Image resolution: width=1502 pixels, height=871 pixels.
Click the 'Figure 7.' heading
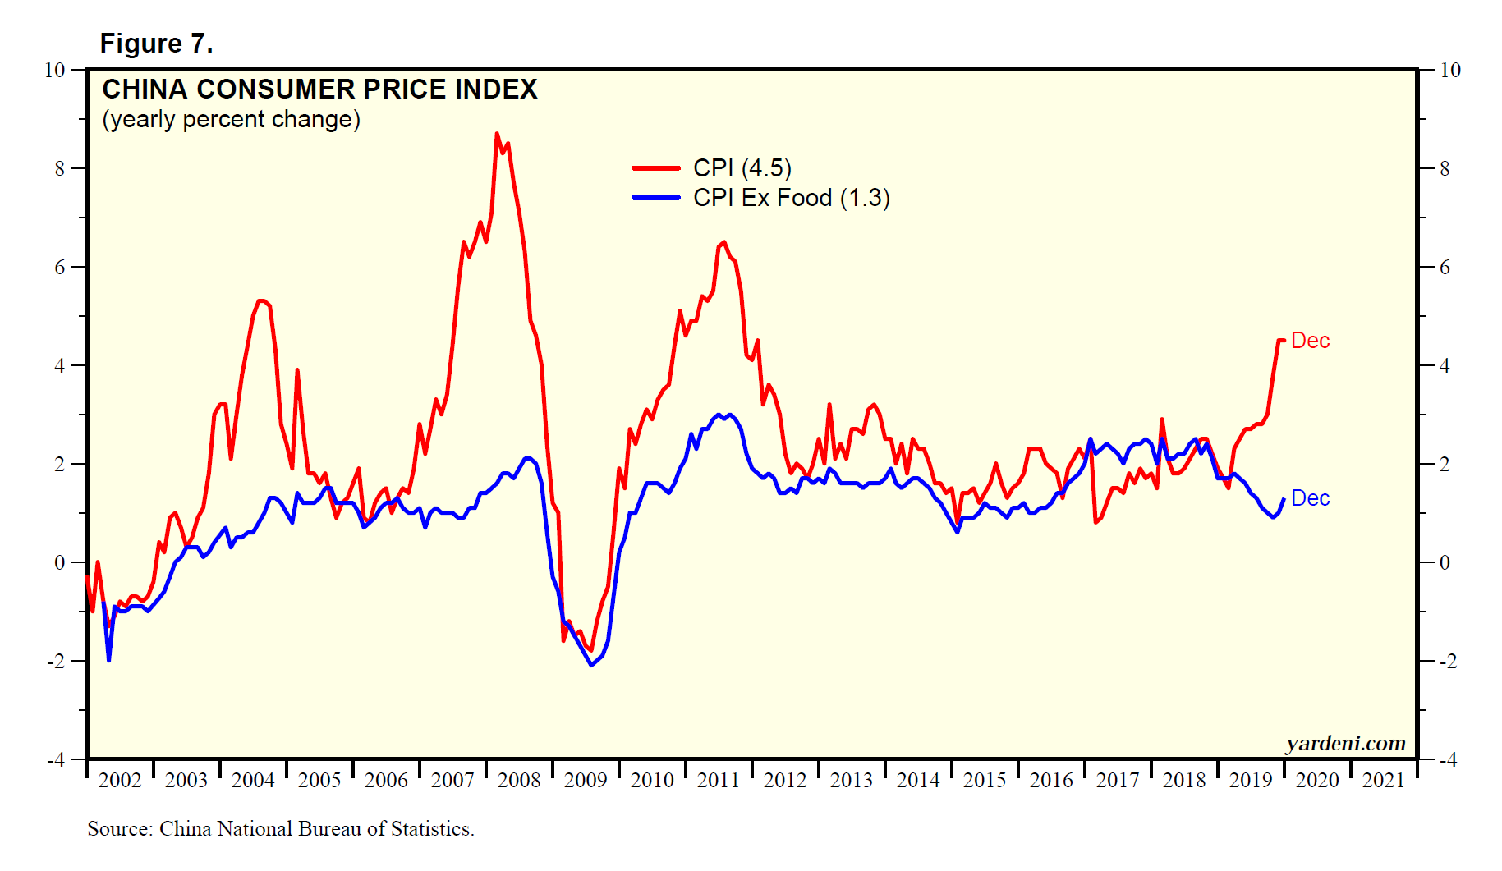pyautogui.click(x=156, y=44)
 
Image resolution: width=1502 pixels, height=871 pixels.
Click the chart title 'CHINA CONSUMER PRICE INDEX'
pyautogui.click(x=319, y=89)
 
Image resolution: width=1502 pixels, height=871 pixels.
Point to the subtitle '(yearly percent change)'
pyautogui.click(x=231, y=120)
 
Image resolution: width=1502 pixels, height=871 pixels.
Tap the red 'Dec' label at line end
pyautogui.click(x=1310, y=341)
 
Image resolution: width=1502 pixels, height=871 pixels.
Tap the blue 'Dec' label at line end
pyautogui.click(x=1310, y=498)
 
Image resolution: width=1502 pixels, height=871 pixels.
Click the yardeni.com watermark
pyautogui.click(x=1345, y=743)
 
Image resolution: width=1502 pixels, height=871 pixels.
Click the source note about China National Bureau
pyautogui.click(x=281, y=829)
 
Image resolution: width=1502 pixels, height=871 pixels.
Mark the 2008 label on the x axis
pyautogui.click(x=519, y=780)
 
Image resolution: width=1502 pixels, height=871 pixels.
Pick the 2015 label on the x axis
pyautogui.click(x=985, y=780)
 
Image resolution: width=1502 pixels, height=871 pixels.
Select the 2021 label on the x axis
pyautogui.click(x=1384, y=780)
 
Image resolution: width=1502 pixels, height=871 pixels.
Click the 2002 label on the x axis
pyautogui.click(x=120, y=780)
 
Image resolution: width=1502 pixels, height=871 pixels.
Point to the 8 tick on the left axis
pyautogui.click(x=60, y=168)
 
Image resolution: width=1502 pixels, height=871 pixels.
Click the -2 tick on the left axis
pyautogui.click(x=56, y=661)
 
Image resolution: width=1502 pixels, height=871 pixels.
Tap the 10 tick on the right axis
pyautogui.click(x=1450, y=70)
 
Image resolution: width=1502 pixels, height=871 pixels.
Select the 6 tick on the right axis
pyautogui.click(x=1445, y=267)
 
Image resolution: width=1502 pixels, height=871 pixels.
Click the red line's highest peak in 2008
pyautogui.click(x=497, y=134)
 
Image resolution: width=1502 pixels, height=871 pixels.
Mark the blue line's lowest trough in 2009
pyautogui.click(x=591, y=665)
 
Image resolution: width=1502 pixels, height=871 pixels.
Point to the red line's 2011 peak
pyautogui.click(x=723, y=242)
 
